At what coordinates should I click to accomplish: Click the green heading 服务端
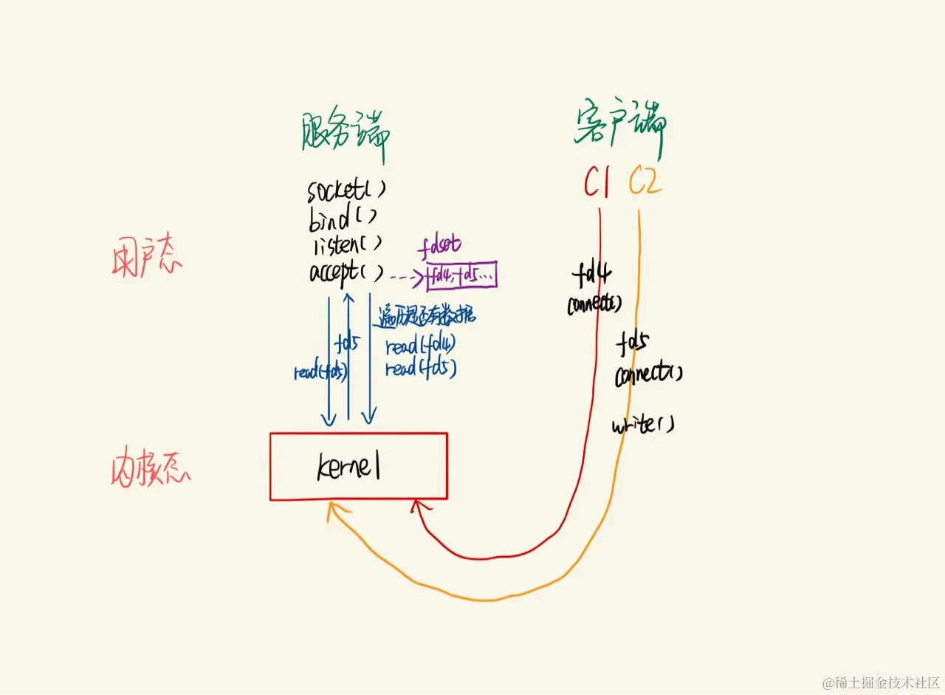pyautogui.click(x=346, y=135)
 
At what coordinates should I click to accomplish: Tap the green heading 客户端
pyautogui.click(x=620, y=130)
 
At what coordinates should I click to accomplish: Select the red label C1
pyautogui.click(x=596, y=182)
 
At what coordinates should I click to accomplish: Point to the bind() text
pyautogui.click(x=342, y=216)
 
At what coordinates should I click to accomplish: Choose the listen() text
pyautogui.click(x=346, y=243)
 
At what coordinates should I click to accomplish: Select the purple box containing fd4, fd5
pyautogui.click(x=462, y=276)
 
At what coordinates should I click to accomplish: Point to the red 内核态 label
pyautogui.click(x=145, y=467)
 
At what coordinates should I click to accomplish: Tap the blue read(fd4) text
pyautogui.click(x=421, y=346)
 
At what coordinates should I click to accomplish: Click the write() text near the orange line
pyautogui.click(x=642, y=425)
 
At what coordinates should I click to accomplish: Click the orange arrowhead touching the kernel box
pyautogui.click(x=333, y=509)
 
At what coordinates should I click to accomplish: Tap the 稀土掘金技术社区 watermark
pyautogui.click(x=882, y=681)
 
